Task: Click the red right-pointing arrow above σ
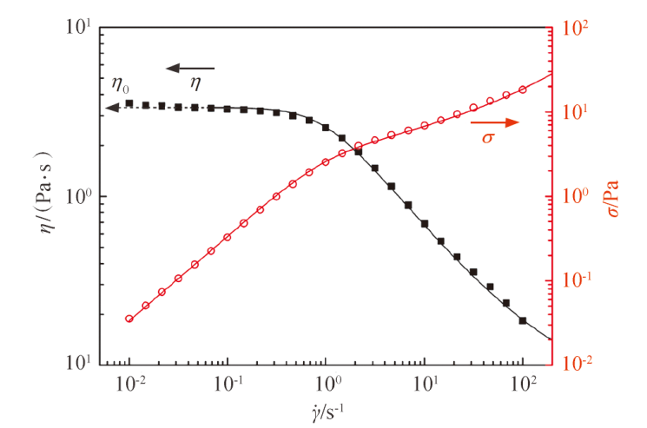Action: tap(494, 122)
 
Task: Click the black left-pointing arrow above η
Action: tap(190, 68)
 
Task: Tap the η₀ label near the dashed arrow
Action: tap(120, 85)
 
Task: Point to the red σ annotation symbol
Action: tap(488, 137)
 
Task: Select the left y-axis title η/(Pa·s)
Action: tap(47, 192)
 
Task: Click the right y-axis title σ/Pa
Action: tap(614, 198)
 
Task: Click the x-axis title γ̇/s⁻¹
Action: tap(328, 412)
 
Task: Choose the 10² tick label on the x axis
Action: tap(524, 384)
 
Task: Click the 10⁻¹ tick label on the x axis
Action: tap(228, 384)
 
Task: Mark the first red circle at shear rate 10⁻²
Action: tap(129, 319)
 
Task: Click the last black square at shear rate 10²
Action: tap(523, 320)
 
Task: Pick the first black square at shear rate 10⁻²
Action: tap(129, 103)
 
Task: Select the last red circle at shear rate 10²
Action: tap(523, 89)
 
